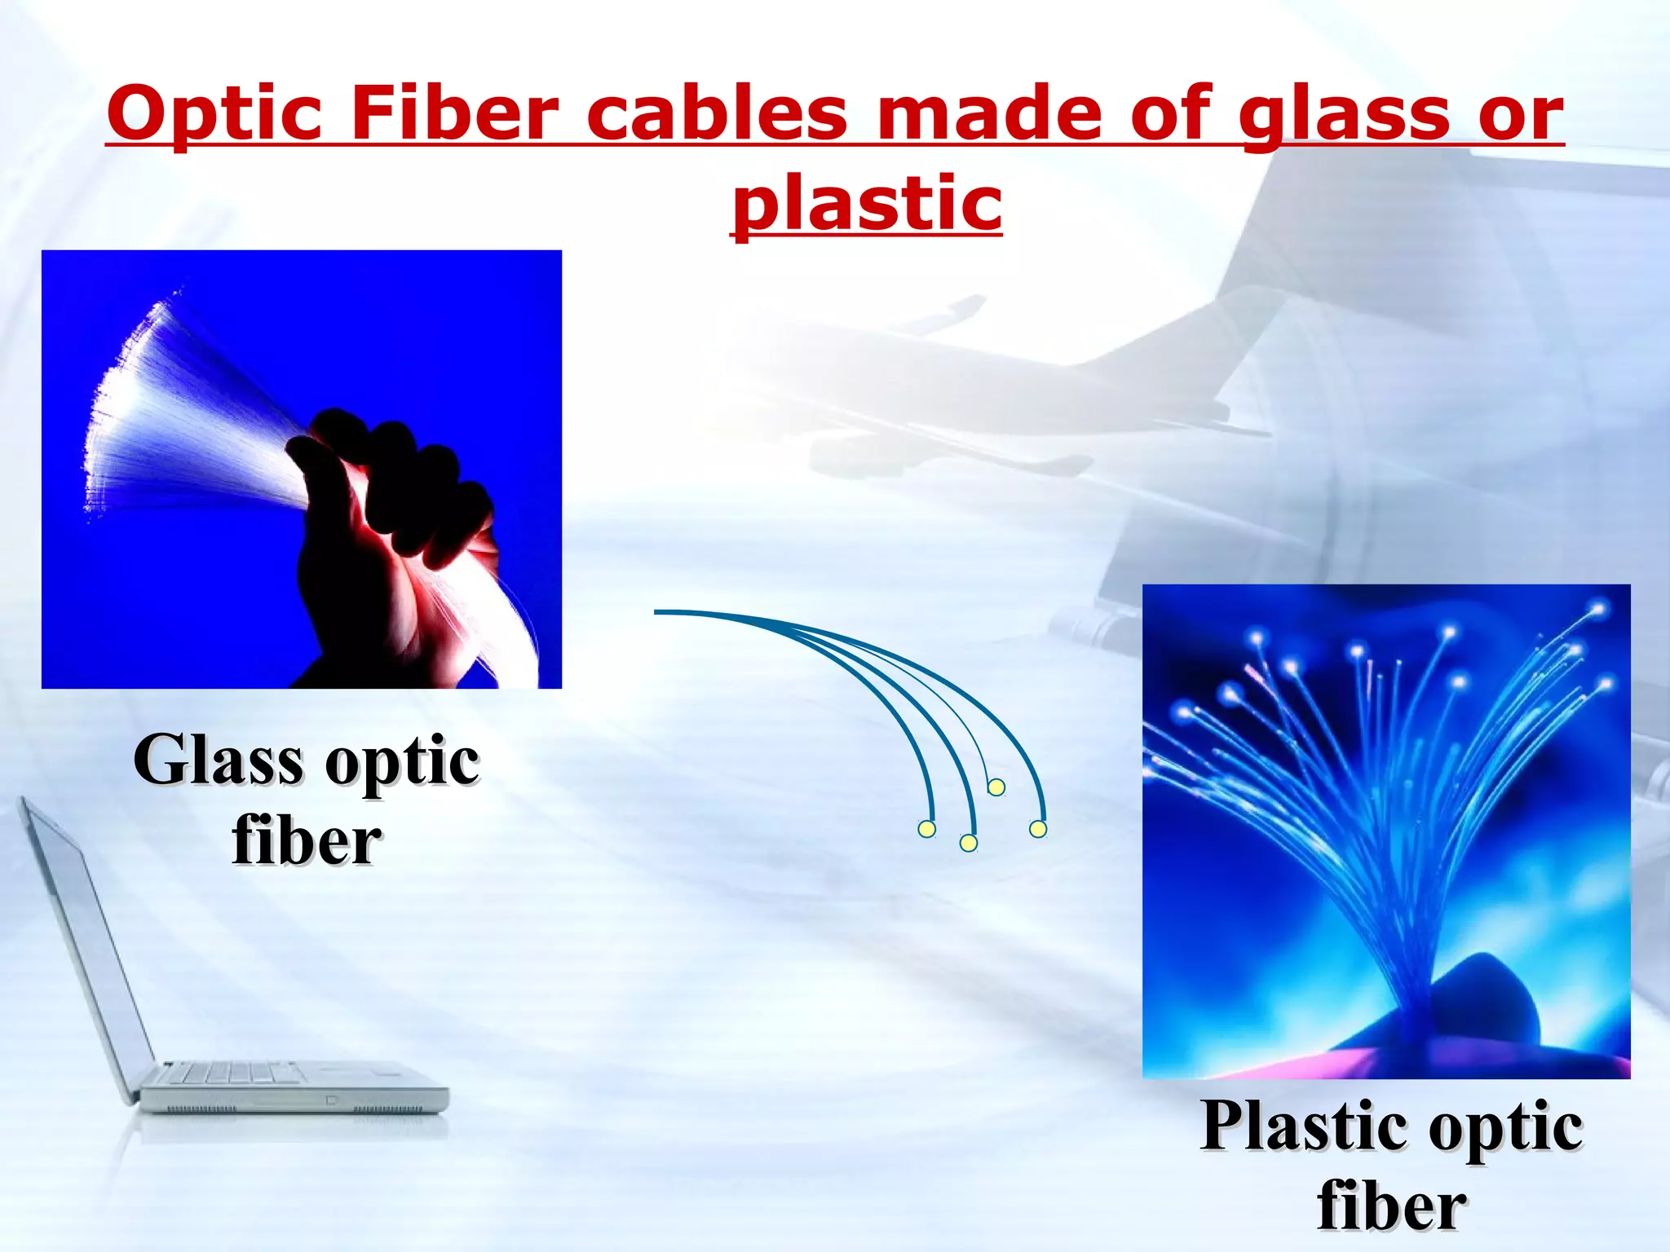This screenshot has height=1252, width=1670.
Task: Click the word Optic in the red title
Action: click(x=214, y=114)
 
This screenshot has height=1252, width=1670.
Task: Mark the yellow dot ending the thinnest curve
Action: click(x=996, y=787)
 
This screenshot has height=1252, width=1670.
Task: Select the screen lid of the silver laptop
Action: click(x=82, y=937)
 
